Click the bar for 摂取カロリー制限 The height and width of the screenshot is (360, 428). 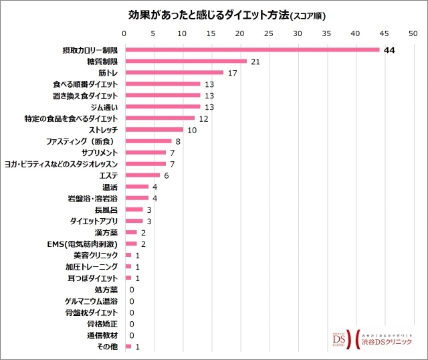251,50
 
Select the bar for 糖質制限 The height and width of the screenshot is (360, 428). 185,61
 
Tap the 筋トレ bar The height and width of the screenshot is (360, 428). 174,72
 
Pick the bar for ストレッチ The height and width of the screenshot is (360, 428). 153,129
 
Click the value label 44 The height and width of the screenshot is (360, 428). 389,50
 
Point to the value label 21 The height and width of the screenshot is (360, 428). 254,62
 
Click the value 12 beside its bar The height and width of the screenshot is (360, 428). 204,118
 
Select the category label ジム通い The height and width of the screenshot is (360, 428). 103,107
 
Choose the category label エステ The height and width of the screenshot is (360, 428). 108,175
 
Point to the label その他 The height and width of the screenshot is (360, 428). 106,347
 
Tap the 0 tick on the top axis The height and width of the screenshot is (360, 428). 124,33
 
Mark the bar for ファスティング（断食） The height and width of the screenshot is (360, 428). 148,141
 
